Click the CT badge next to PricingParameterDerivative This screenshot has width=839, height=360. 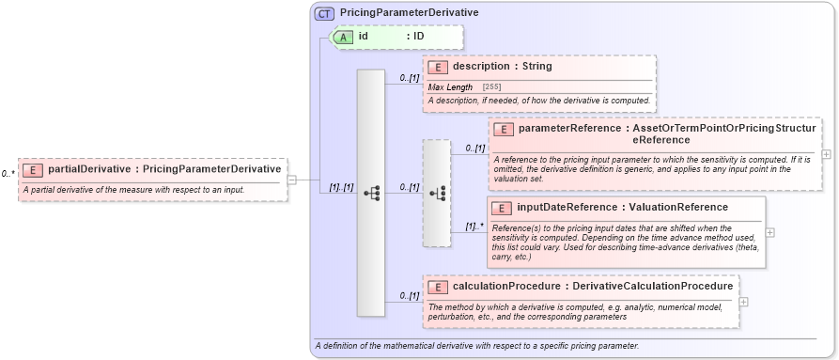[x=324, y=13]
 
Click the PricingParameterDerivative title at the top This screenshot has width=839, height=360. [x=396, y=13]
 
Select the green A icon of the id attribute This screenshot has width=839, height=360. [x=344, y=37]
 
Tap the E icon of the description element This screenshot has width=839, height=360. [x=438, y=67]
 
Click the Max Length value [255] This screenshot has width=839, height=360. [x=491, y=86]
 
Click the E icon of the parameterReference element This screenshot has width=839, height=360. [x=504, y=129]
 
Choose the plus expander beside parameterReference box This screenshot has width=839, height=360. [x=826, y=154]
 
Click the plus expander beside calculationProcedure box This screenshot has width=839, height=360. [x=744, y=302]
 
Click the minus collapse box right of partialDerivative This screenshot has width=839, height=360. [x=291, y=180]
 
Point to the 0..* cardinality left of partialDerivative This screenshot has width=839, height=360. [x=8, y=174]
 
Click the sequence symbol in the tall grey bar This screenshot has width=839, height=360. [x=371, y=193]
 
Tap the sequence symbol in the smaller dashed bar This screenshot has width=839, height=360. [x=437, y=193]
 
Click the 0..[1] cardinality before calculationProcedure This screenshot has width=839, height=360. [x=409, y=295]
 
